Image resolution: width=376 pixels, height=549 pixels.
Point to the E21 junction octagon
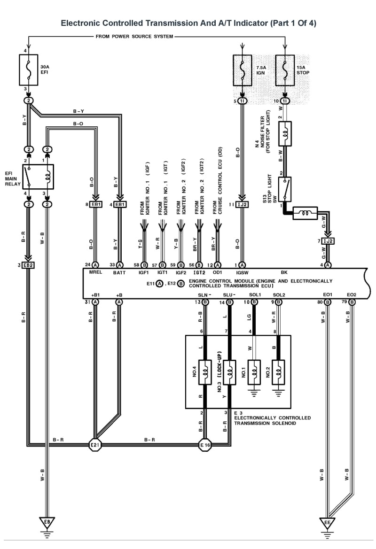95,444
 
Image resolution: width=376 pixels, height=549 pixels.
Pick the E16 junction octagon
205,444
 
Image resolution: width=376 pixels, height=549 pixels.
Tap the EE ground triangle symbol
328,522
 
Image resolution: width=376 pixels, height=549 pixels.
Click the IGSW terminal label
243,272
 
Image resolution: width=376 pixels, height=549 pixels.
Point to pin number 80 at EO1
320,302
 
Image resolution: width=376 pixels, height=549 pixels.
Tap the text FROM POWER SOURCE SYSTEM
134,36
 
